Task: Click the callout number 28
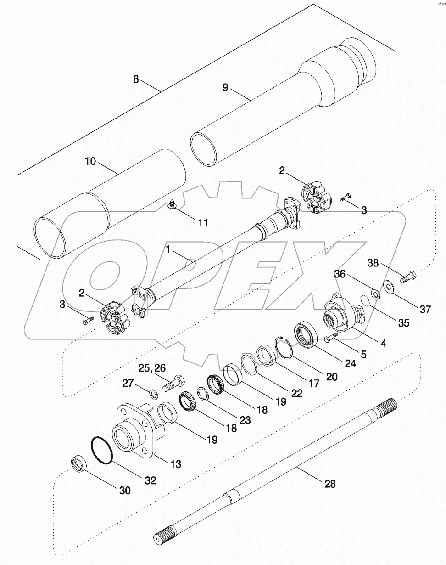tap(329, 484)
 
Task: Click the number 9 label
tap(225, 88)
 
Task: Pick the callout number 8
tap(136, 79)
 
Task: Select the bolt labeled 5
tap(330, 339)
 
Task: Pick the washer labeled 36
tap(375, 294)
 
